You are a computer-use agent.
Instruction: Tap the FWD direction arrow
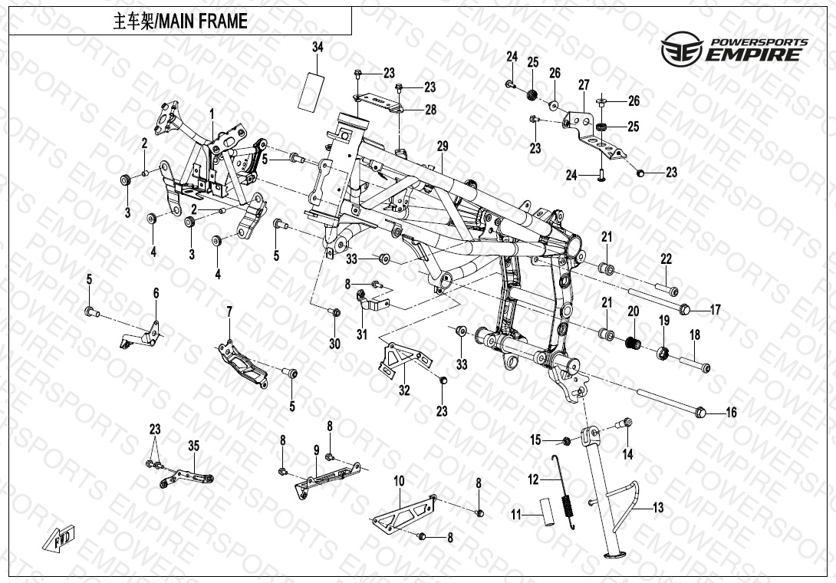(x=59, y=539)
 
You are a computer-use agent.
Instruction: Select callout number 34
(x=318, y=47)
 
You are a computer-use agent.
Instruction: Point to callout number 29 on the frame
(x=443, y=147)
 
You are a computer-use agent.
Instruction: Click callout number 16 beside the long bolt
(x=731, y=412)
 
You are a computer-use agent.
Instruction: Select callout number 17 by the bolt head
(x=715, y=310)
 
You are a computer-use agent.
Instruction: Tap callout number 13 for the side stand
(x=659, y=507)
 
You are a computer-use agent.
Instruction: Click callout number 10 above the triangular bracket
(x=400, y=481)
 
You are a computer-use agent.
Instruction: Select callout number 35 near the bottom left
(x=193, y=446)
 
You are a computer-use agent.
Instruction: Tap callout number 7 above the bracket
(x=229, y=311)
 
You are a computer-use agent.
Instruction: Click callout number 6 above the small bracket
(x=156, y=293)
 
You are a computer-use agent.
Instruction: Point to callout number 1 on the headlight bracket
(x=212, y=114)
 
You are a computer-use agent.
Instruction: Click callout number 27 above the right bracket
(x=584, y=85)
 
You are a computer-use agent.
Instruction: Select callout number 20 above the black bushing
(x=633, y=311)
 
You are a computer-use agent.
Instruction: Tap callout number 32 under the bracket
(x=405, y=390)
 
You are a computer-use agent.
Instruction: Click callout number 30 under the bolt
(x=334, y=344)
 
